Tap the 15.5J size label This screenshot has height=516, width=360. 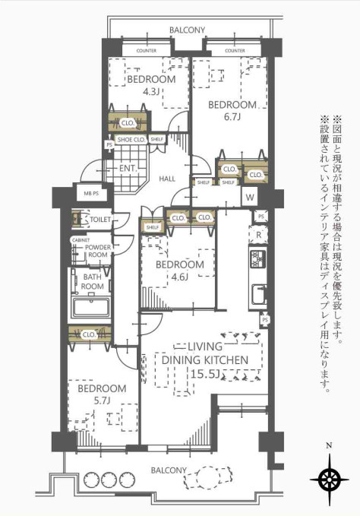[x=206, y=373]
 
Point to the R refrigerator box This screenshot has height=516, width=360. [x=259, y=235]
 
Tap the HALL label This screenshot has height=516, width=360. [x=167, y=179]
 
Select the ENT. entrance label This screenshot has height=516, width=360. [x=128, y=169]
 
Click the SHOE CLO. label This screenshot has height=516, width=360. [x=131, y=140]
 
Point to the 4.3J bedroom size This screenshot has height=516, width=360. [x=151, y=92]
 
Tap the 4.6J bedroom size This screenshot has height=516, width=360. [x=180, y=277]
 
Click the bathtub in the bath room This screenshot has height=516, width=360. [x=91, y=309]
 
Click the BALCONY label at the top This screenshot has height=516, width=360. [x=187, y=30]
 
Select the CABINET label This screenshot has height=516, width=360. [x=80, y=240]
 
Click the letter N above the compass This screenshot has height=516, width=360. [x=328, y=447]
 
